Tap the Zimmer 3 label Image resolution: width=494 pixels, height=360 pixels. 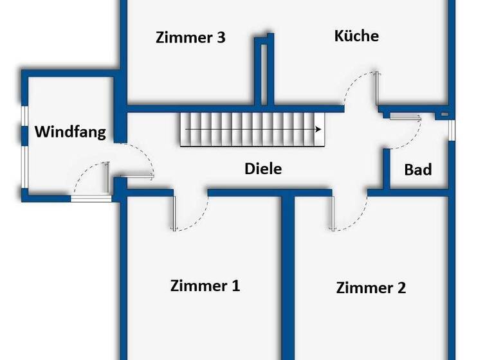pos(190,37)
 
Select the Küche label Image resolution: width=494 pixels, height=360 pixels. pos(356,36)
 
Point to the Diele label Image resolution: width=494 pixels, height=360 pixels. pos(263,169)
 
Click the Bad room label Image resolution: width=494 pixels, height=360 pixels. pos(417,170)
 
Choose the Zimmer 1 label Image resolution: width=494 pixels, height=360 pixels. pos(205,286)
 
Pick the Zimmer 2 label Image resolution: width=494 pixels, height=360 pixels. pos(371,287)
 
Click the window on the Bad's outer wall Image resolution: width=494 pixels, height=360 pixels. pos(452,129)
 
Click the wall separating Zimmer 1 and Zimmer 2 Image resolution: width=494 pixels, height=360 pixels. pos(288,276)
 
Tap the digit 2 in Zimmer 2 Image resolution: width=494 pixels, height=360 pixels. pos(401,287)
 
